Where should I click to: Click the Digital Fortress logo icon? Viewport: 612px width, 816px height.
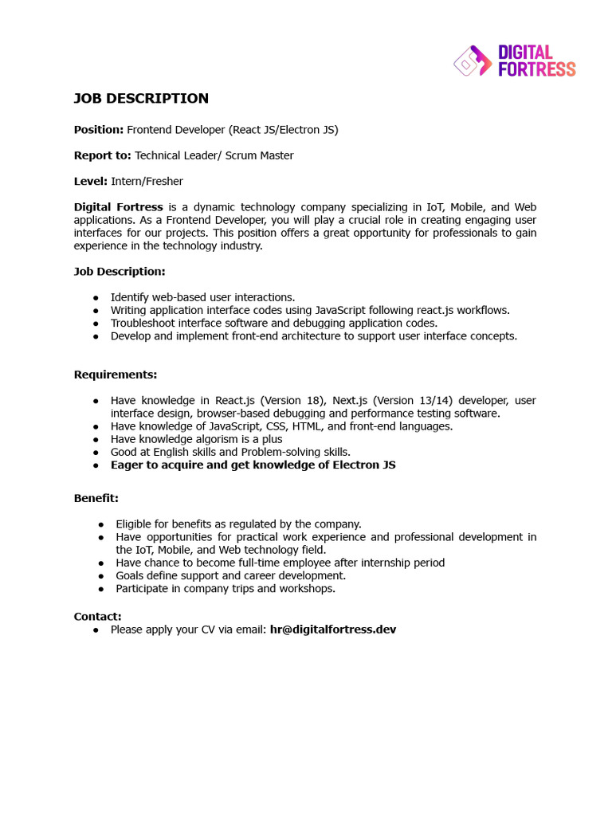click(x=473, y=61)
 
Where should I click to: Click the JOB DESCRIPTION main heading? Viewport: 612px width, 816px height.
click(x=141, y=99)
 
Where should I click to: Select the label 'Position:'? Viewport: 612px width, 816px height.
click(x=99, y=130)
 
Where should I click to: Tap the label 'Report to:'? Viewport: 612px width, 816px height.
click(x=103, y=155)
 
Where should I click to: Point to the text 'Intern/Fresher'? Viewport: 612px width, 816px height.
click(x=147, y=182)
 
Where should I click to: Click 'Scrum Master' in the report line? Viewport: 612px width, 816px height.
click(x=259, y=155)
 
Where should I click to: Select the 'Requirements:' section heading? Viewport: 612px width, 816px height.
click(x=116, y=375)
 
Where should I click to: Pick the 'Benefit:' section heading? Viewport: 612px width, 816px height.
click(x=96, y=498)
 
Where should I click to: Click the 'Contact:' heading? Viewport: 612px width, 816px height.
click(x=98, y=616)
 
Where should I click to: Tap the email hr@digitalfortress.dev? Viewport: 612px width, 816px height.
click(x=333, y=630)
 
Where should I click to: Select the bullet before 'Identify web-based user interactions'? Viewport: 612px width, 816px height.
click(x=96, y=298)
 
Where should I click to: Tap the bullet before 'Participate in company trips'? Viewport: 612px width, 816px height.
click(x=101, y=589)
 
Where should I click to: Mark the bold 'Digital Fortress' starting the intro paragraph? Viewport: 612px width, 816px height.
click(x=119, y=207)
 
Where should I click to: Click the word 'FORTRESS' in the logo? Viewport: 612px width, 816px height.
click(x=536, y=69)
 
